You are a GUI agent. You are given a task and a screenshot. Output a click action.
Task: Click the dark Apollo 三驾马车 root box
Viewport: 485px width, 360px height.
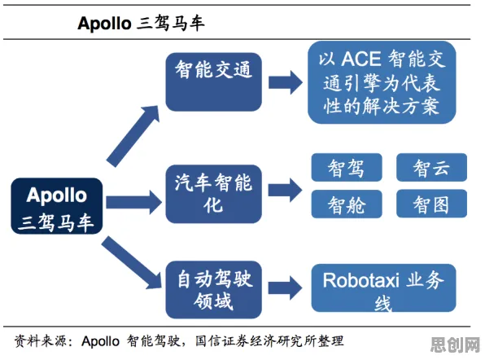[x=57, y=206]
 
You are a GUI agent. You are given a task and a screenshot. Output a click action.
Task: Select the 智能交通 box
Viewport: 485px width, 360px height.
[x=214, y=82]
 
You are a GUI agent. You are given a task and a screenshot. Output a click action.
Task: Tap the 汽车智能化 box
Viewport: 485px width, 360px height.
[x=214, y=194]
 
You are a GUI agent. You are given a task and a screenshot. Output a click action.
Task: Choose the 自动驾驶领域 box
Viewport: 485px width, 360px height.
[x=214, y=290]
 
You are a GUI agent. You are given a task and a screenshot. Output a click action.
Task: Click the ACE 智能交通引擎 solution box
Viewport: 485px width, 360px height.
[x=382, y=82]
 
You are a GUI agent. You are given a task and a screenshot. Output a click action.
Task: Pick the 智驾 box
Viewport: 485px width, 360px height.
[x=347, y=168]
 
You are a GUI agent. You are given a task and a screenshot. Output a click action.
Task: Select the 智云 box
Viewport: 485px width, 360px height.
[x=431, y=168]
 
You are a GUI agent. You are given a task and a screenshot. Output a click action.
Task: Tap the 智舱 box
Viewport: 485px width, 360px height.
[x=347, y=204]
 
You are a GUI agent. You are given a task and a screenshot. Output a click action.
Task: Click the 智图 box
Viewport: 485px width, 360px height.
[x=431, y=204]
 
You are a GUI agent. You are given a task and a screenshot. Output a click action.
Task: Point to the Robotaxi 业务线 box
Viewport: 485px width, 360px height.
[x=383, y=288]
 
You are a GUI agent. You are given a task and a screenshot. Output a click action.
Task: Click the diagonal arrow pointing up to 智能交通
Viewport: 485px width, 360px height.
[x=133, y=135]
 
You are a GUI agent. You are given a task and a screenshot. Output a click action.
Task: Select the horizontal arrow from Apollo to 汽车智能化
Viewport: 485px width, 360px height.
[x=133, y=203]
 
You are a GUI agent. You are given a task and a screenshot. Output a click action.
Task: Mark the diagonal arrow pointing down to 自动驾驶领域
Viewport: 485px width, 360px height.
[x=132, y=262]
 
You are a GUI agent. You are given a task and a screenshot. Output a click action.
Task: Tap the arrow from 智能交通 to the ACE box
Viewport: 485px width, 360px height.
[x=285, y=82]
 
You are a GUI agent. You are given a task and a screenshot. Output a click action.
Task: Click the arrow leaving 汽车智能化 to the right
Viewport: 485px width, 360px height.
[x=285, y=190]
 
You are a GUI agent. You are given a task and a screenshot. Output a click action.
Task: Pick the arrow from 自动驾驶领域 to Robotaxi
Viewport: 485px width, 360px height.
[x=285, y=288]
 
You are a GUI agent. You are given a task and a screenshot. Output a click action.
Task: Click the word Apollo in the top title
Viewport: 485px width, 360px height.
[x=104, y=24]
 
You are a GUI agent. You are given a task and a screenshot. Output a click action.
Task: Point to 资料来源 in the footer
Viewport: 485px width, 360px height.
[x=40, y=341]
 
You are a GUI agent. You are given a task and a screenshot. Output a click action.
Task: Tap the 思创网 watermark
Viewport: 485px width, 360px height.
[x=456, y=345]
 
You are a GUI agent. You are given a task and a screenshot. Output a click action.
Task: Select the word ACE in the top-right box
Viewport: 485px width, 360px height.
[x=361, y=59]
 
